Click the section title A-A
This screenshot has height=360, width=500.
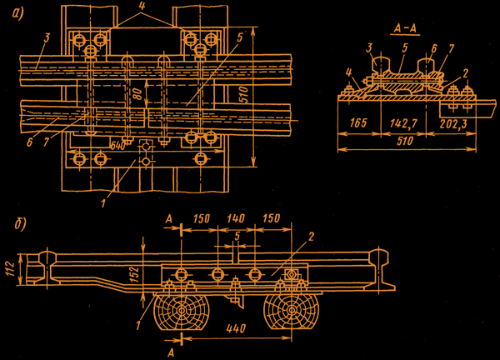click(x=405, y=28)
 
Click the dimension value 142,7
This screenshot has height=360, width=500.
click(x=404, y=123)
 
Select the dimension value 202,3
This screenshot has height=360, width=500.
click(x=452, y=123)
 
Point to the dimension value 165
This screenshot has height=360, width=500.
click(x=358, y=122)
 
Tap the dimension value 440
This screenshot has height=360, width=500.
click(x=236, y=328)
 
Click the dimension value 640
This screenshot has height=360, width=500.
click(x=117, y=146)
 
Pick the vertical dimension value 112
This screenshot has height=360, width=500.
click(x=12, y=269)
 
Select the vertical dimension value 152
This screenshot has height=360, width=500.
click(x=135, y=274)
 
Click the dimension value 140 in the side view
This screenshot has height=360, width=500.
click(x=236, y=218)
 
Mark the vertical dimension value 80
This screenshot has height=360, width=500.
click(x=138, y=93)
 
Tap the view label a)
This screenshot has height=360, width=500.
click(x=17, y=13)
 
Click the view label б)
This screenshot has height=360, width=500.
click(x=20, y=224)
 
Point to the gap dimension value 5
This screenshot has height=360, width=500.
click(x=237, y=237)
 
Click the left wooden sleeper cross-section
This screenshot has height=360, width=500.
click(x=182, y=311)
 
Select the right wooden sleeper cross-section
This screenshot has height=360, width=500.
click(x=291, y=311)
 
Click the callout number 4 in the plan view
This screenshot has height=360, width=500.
click(x=142, y=7)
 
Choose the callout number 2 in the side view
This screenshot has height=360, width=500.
click(x=311, y=237)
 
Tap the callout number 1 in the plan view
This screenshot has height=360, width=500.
click(x=103, y=203)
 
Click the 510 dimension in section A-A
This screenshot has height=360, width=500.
click(x=405, y=142)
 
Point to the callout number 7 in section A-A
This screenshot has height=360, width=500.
click(x=451, y=48)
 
